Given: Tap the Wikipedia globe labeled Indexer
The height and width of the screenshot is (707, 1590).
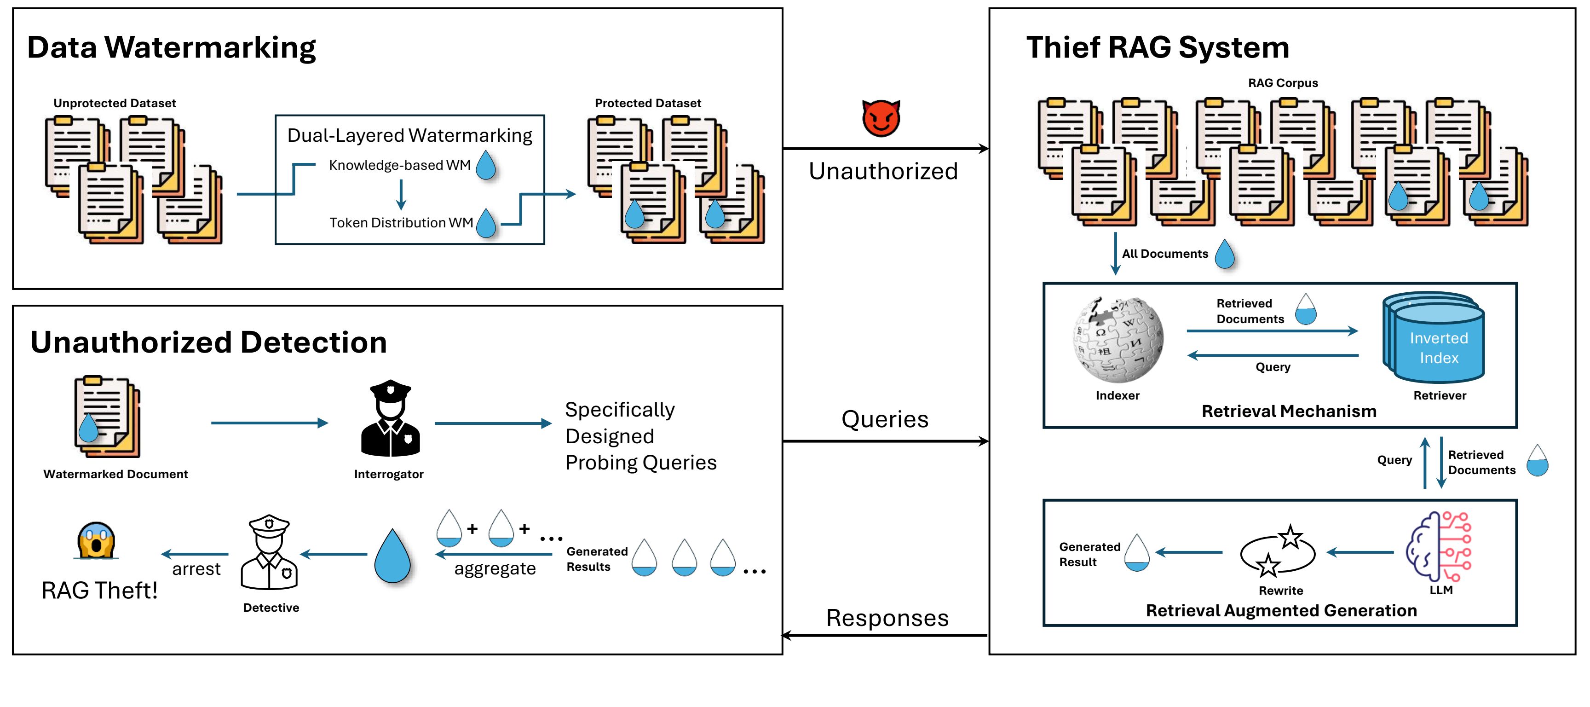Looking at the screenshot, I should point(1118,340).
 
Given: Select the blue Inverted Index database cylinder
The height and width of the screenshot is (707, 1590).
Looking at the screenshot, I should point(1435,338).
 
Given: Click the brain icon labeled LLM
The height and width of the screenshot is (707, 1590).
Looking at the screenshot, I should point(1439,546).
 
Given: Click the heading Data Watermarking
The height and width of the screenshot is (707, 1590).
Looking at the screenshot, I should point(172,47).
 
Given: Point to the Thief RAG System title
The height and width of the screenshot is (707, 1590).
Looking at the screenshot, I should point(1158,47).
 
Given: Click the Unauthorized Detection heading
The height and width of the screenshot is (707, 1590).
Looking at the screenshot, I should point(208,343).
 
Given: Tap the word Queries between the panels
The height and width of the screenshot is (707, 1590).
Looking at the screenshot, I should point(885,419).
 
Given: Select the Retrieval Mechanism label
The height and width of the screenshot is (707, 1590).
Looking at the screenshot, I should point(1289,411).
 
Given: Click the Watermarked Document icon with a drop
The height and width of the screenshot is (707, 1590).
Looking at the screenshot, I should point(106,418).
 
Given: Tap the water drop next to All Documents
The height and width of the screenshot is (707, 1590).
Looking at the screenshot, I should point(1225,254).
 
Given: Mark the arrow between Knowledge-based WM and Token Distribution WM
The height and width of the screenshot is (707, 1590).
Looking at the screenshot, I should point(401,194).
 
